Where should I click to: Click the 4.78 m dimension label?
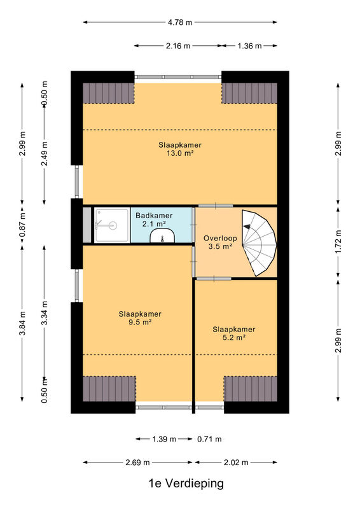click(180, 22)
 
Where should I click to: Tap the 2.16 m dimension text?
click(178, 46)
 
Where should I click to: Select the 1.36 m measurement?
click(249, 46)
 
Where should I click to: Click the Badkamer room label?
click(154, 216)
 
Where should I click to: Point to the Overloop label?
click(220, 238)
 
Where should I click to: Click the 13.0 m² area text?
click(180, 153)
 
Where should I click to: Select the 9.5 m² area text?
click(140, 323)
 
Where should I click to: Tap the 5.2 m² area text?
click(233, 338)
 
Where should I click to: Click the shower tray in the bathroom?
click(112, 225)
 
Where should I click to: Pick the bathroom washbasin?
click(162, 235)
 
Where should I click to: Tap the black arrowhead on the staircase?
click(247, 227)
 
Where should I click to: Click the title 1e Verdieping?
click(186, 484)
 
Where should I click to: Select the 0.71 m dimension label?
click(209, 439)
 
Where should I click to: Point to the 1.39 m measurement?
click(164, 439)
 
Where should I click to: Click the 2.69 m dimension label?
click(137, 463)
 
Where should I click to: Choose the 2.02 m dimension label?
click(236, 463)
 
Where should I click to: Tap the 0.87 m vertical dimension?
click(22, 225)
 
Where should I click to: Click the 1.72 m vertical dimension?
click(338, 242)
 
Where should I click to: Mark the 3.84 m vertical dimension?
click(22, 323)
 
